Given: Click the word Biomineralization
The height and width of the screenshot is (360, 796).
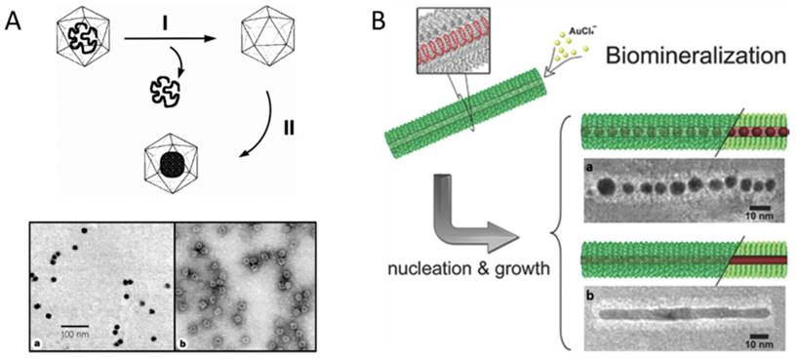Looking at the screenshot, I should (x=689, y=57).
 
